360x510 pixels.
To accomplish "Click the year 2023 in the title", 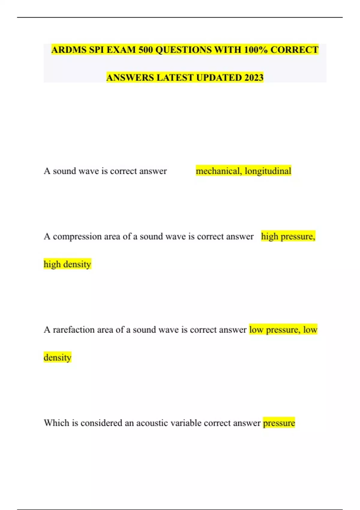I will point(254,78).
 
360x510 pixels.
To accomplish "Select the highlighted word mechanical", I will point(219,171).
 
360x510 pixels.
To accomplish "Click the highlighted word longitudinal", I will point(268,171).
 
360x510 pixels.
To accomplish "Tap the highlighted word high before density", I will point(52,264).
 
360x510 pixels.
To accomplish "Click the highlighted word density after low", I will point(58,358).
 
